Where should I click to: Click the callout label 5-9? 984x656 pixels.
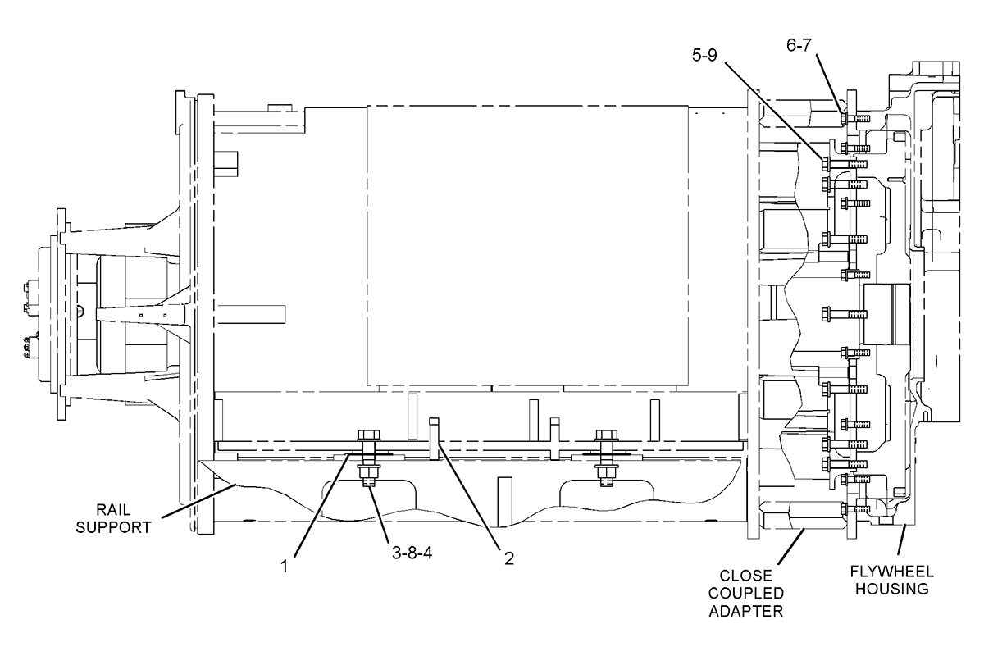704,56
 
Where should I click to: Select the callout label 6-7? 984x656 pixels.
799,45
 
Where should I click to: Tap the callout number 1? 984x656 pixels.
285,567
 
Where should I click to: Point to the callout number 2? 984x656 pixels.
508,558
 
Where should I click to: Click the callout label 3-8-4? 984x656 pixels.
412,553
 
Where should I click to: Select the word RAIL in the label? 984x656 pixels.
113,510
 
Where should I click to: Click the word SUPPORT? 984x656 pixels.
113,527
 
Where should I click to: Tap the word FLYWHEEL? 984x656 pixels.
892,572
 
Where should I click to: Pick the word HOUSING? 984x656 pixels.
892,589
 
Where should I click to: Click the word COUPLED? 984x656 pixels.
746,593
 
